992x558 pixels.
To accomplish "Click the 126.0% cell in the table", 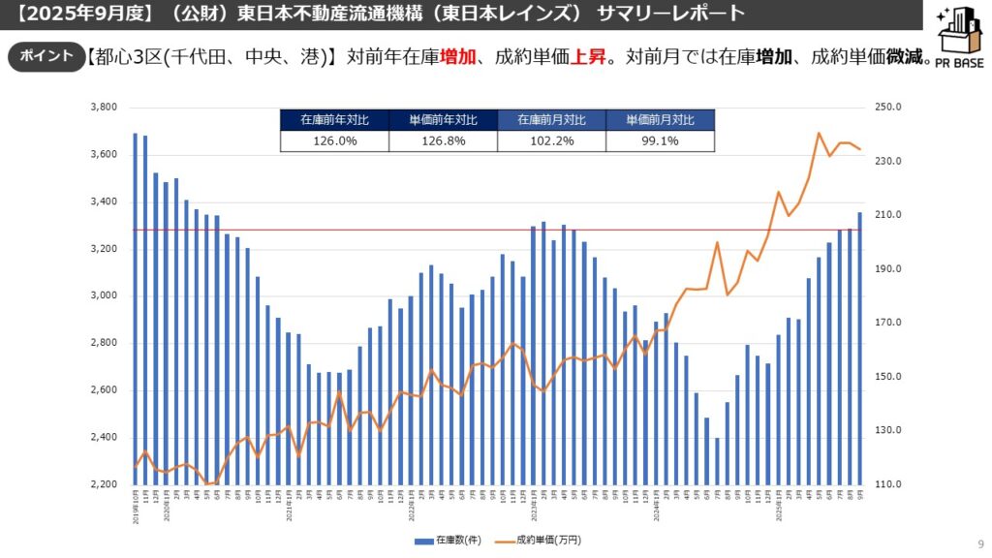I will [x=334, y=140].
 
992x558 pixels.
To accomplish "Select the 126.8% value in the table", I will [x=443, y=140].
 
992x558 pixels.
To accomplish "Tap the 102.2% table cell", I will [x=551, y=140].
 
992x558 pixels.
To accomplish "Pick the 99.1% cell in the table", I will [x=660, y=140].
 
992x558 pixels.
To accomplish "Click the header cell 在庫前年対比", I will [x=334, y=120].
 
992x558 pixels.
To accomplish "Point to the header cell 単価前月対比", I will [x=660, y=120].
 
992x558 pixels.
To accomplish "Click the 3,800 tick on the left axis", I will [x=104, y=108].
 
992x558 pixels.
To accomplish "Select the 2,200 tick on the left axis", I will [x=104, y=484].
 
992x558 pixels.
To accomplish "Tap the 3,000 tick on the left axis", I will [x=104, y=296].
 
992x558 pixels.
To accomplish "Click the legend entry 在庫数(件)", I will [x=449, y=539].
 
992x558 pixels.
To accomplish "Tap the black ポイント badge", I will [x=42, y=56].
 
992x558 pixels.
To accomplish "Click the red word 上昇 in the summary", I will [x=589, y=56].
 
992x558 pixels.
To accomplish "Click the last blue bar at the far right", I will [x=859, y=348].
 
